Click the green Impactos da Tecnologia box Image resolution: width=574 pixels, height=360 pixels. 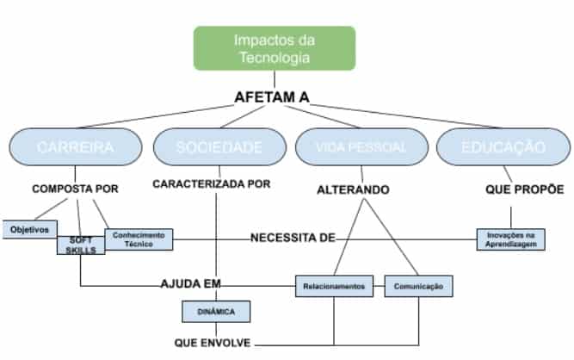coord(275,48)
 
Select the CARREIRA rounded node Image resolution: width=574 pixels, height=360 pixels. coord(76,147)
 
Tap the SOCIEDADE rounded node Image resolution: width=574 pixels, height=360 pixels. coord(219,147)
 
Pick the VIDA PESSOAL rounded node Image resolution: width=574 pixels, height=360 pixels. coord(362,147)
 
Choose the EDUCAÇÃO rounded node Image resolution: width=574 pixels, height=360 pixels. coord(503,147)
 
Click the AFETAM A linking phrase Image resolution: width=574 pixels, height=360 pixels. coord(272,98)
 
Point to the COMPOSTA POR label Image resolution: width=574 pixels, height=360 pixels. coord(75,188)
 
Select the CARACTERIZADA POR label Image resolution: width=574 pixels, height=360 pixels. coord(212,184)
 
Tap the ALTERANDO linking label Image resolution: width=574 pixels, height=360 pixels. coord(353,189)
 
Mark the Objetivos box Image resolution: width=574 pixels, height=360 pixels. coord(29,230)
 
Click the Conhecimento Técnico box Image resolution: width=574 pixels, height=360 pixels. coord(139,239)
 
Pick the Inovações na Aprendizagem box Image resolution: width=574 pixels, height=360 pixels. coord(511,239)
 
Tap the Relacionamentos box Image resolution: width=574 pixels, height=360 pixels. coord(335,286)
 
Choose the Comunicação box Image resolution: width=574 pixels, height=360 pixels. coord(418,286)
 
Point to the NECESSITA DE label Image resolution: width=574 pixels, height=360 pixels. coord(292,238)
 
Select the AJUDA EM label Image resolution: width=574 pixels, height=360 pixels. coord(190,283)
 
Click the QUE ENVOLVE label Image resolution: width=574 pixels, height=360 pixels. coord(213,343)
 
